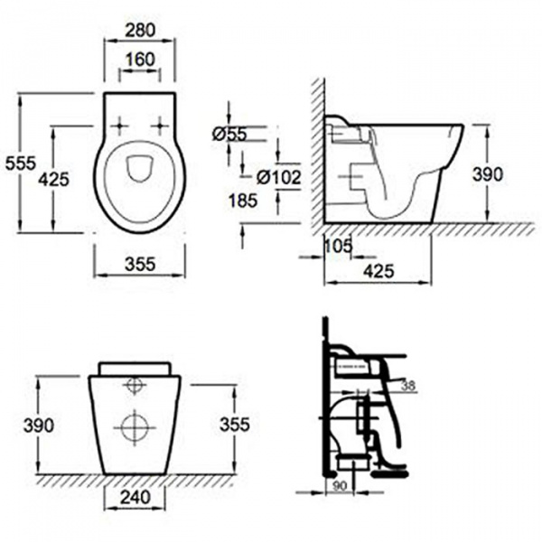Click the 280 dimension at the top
tap(140, 30)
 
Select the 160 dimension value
tap(140, 60)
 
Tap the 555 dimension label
tap(21, 163)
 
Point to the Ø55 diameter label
tap(229, 134)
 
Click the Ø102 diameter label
tap(279, 178)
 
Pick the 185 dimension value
tap(243, 201)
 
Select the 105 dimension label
tap(339, 246)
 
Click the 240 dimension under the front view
tap(135, 497)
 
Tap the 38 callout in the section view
tap(408, 386)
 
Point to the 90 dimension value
tap(339, 486)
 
